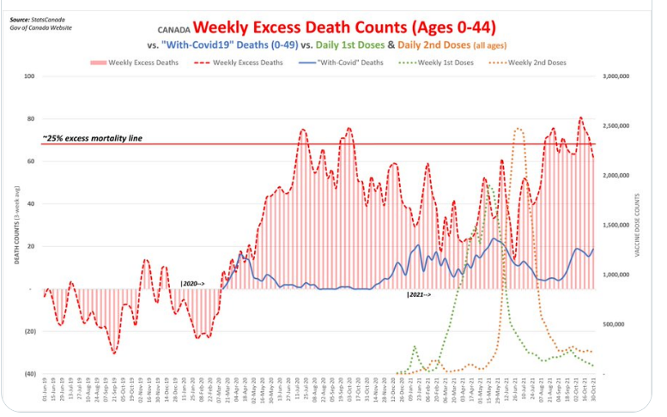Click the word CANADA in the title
173,28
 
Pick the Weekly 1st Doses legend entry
439,63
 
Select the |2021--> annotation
419,295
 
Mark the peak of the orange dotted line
518,129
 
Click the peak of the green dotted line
487,184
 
